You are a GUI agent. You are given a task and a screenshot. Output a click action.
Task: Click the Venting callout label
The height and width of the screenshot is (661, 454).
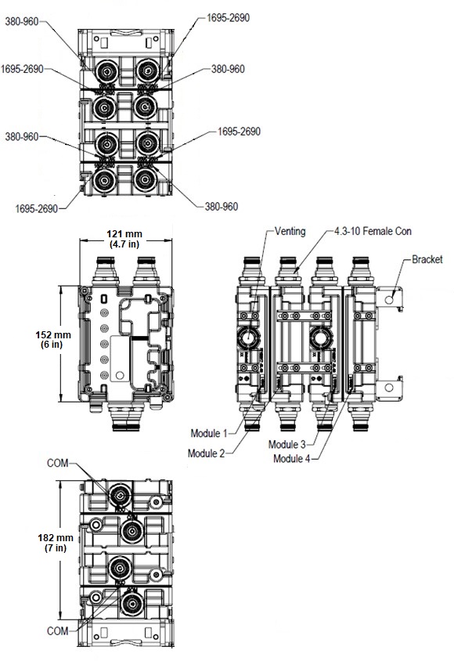(x=290, y=231)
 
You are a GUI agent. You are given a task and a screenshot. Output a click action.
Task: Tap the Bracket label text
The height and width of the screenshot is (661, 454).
(x=427, y=259)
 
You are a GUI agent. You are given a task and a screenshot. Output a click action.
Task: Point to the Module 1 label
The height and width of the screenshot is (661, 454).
(x=209, y=433)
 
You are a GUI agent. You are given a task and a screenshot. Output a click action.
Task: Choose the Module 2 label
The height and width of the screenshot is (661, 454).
(x=207, y=453)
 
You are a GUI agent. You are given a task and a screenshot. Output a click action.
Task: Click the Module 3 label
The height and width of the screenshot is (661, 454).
(x=286, y=444)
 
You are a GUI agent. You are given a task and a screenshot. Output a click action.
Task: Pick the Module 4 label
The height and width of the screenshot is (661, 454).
(x=292, y=458)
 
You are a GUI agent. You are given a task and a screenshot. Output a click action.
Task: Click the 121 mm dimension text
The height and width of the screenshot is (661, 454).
(x=124, y=234)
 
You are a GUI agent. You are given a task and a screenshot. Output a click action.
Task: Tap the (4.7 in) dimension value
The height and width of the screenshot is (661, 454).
(x=124, y=244)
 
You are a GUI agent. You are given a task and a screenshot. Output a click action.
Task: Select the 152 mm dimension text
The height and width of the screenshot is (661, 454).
(x=53, y=335)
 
